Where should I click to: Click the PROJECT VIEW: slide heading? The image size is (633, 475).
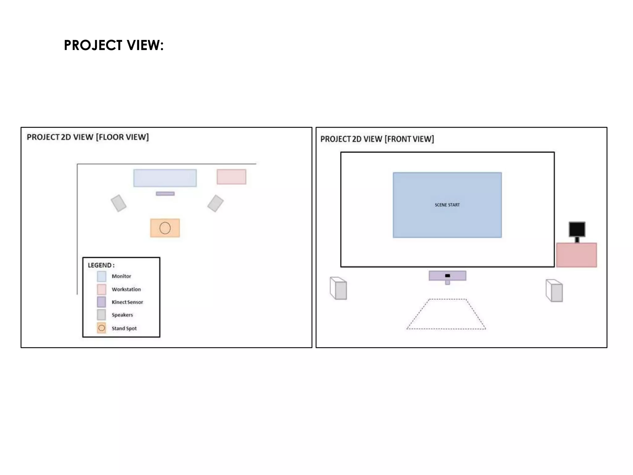pyautogui.click(x=113, y=45)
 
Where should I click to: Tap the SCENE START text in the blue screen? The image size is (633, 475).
pyautogui.click(x=447, y=205)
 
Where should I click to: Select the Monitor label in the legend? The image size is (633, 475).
pyautogui.click(x=121, y=276)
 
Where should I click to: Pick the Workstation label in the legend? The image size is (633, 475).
pyautogui.click(x=126, y=289)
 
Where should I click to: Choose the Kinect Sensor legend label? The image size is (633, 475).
pyautogui.click(x=127, y=302)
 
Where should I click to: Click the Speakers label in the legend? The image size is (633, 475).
pyautogui.click(x=122, y=315)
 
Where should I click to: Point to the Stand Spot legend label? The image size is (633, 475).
pyautogui.click(x=124, y=328)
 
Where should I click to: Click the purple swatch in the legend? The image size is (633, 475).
pyautogui.click(x=101, y=302)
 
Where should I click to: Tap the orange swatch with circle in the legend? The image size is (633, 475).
pyautogui.click(x=101, y=328)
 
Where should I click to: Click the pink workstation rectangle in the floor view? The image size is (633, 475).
pyautogui.click(x=231, y=177)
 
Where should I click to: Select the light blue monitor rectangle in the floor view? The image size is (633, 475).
pyautogui.click(x=165, y=178)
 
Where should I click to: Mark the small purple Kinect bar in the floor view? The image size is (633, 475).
pyautogui.click(x=165, y=194)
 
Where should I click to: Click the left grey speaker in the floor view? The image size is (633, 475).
pyautogui.click(x=119, y=203)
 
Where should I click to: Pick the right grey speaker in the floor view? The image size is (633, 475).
pyautogui.click(x=215, y=203)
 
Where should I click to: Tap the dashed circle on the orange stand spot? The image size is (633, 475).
pyautogui.click(x=165, y=228)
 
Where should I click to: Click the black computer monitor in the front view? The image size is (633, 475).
pyautogui.click(x=577, y=229)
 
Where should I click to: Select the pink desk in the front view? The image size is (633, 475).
pyautogui.click(x=576, y=255)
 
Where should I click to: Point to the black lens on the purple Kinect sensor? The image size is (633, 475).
pyautogui.click(x=447, y=276)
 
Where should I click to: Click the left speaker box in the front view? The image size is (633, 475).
pyautogui.click(x=338, y=288)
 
